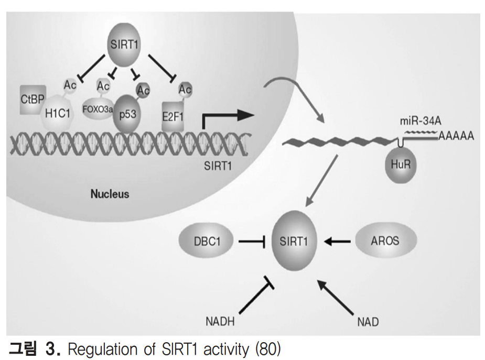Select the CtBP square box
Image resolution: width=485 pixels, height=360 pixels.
(33, 100)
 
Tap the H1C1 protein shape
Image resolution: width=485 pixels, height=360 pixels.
(58, 113)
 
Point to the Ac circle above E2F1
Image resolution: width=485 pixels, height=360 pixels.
(185, 90)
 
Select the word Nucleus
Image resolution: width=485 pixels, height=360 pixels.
(110, 194)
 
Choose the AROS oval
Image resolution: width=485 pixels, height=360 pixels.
(385, 241)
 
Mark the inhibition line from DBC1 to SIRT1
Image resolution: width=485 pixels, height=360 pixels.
(252, 242)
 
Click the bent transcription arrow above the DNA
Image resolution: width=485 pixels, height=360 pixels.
(223, 118)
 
